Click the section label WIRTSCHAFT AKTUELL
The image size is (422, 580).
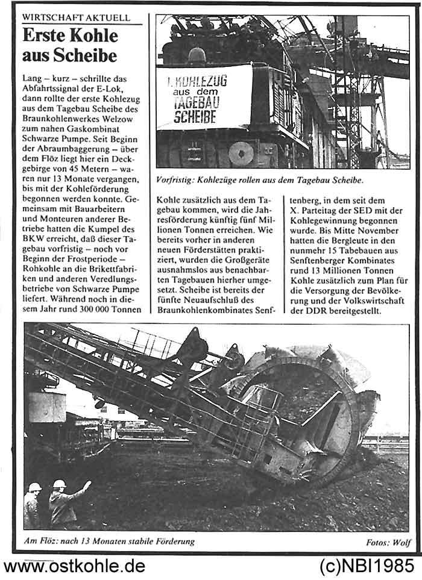76,17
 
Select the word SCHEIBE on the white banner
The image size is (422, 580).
195,116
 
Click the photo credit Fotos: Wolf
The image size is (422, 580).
388,542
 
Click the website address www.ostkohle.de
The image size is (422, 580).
74,566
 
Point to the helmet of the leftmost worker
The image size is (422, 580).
35,487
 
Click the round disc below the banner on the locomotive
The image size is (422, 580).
241,153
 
